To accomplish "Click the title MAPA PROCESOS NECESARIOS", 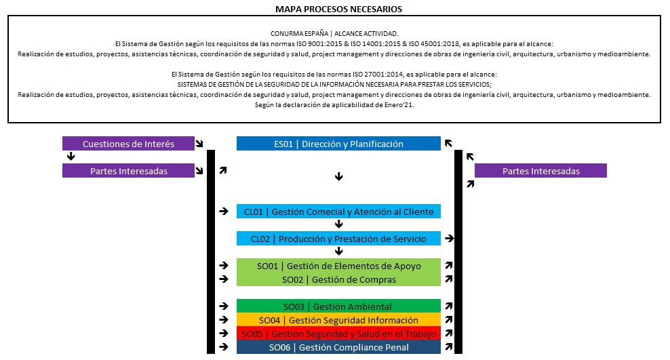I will (x=338, y=9).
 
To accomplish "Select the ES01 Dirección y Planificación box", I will (x=338, y=144).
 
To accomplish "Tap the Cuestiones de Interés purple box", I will (x=128, y=144).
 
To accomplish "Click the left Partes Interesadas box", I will (x=128, y=171).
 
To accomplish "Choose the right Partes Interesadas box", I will (x=540, y=171).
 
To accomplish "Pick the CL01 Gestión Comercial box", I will (x=338, y=212).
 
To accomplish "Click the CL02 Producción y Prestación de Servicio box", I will (x=338, y=239).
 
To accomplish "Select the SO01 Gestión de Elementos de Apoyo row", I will (x=338, y=266).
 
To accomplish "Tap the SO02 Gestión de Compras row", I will (x=338, y=279).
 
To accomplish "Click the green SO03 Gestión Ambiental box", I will (x=338, y=306).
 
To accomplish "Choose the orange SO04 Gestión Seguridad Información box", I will (x=338, y=320).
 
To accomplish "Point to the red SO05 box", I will (x=338, y=334).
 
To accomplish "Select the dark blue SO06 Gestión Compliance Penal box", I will (x=338, y=347).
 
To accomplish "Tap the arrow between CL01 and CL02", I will (x=339, y=224).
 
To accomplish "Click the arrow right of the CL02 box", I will (x=449, y=239).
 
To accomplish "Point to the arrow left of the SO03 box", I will (x=223, y=306).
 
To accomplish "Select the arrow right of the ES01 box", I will (x=449, y=144).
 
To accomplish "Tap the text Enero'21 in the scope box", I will (x=399, y=105).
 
